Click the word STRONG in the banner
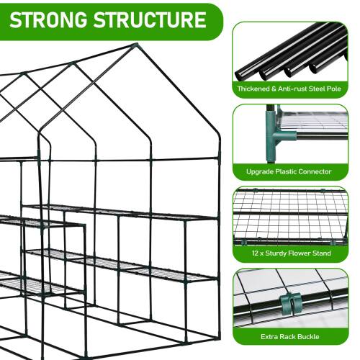coord(48,19)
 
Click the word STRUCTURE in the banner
coord(150,19)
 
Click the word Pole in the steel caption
coord(334,89)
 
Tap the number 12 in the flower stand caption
coord(255,253)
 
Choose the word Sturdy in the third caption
coord(276,253)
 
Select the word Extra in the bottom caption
coord(269,336)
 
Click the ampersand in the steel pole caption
coord(274,89)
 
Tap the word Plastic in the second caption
coord(286,171)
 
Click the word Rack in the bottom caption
coord(287,336)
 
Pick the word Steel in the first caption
coord(317,89)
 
